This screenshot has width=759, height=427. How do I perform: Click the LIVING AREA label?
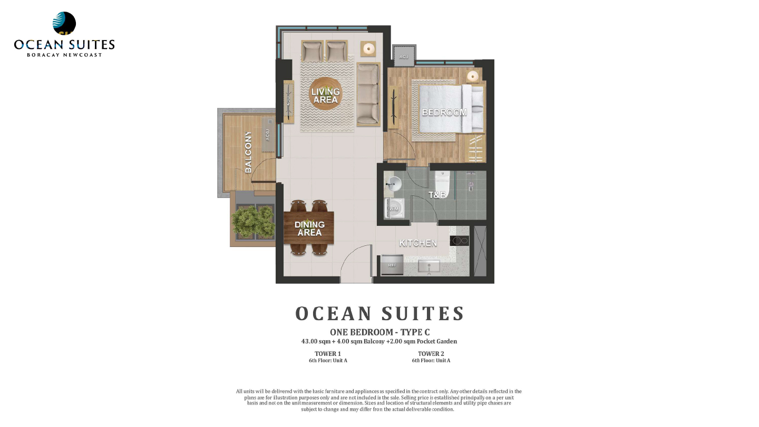(x=325, y=95)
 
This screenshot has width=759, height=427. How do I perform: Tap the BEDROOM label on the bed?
(x=444, y=112)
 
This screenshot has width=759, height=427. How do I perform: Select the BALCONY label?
(x=248, y=152)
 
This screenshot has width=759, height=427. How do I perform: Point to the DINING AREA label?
(x=309, y=229)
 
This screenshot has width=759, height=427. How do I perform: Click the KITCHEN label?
(x=418, y=243)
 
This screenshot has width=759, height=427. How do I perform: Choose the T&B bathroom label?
(x=437, y=195)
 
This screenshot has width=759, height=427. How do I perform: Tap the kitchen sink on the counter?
(x=429, y=266)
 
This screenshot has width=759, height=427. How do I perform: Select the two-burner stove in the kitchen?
(x=460, y=241)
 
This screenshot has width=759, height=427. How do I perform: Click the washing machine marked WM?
(x=393, y=208)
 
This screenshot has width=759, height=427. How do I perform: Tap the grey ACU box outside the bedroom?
(x=404, y=56)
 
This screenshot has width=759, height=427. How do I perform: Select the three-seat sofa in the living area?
(x=368, y=94)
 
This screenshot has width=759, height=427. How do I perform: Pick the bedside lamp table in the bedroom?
(x=473, y=76)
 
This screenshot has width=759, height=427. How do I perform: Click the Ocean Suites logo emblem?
(x=64, y=24)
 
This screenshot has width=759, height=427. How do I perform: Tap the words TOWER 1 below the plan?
(x=328, y=354)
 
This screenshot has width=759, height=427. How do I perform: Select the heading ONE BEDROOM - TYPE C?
(x=379, y=332)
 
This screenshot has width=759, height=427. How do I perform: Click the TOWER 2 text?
(x=431, y=354)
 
